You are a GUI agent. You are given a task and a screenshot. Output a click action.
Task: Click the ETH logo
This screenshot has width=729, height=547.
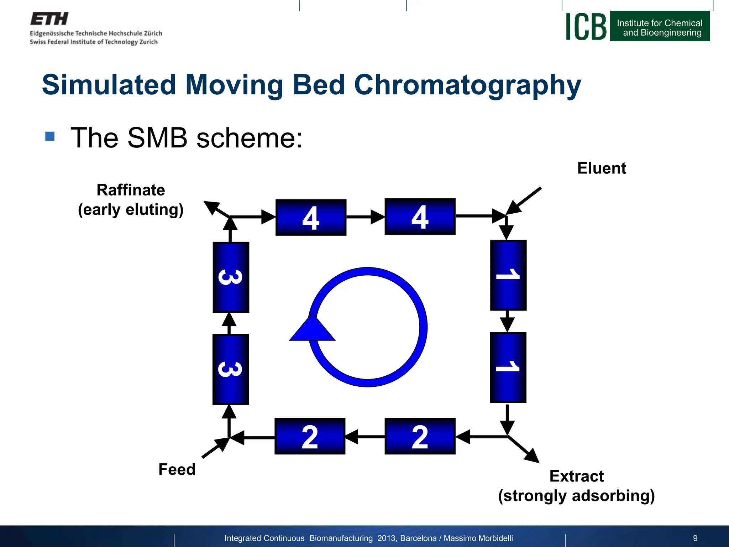[49, 19]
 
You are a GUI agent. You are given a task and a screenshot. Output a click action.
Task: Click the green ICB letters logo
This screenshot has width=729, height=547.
[586, 27]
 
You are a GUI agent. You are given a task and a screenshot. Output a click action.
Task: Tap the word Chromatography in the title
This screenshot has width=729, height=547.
[467, 85]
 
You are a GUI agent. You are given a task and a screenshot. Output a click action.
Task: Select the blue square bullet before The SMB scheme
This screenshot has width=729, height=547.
[50, 136]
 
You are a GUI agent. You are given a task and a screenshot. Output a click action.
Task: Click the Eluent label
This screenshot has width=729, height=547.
[601, 168]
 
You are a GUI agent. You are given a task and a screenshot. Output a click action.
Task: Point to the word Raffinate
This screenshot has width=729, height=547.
[131, 190]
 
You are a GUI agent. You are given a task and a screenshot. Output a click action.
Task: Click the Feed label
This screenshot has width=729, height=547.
[177, 469]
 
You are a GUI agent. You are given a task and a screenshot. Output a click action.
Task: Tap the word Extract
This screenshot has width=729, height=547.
[576, 476]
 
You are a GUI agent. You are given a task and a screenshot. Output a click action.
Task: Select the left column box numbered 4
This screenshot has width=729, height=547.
[311, 217]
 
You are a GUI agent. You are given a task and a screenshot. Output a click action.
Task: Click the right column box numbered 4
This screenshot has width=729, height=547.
[420, 217]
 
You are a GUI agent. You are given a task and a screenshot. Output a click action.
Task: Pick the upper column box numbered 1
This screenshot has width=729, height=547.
[508, 275]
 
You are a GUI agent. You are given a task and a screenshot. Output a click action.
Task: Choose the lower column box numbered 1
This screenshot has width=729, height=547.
[508, 367]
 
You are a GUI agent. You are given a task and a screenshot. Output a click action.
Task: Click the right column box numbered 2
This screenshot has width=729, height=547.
[420, 436]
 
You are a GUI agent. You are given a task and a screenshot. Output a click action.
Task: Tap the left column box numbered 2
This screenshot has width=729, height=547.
[310, 436]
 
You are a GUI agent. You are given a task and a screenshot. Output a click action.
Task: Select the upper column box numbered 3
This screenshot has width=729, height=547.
[231, 277]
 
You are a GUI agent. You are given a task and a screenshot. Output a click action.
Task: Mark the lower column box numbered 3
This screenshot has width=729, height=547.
[230, 369]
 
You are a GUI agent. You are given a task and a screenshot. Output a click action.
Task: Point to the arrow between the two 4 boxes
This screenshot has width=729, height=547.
[366, 217]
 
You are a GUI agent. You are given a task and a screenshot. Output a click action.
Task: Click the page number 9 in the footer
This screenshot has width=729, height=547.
[695, 538]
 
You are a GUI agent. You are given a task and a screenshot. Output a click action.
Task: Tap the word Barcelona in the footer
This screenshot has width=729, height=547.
[418, 538]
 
